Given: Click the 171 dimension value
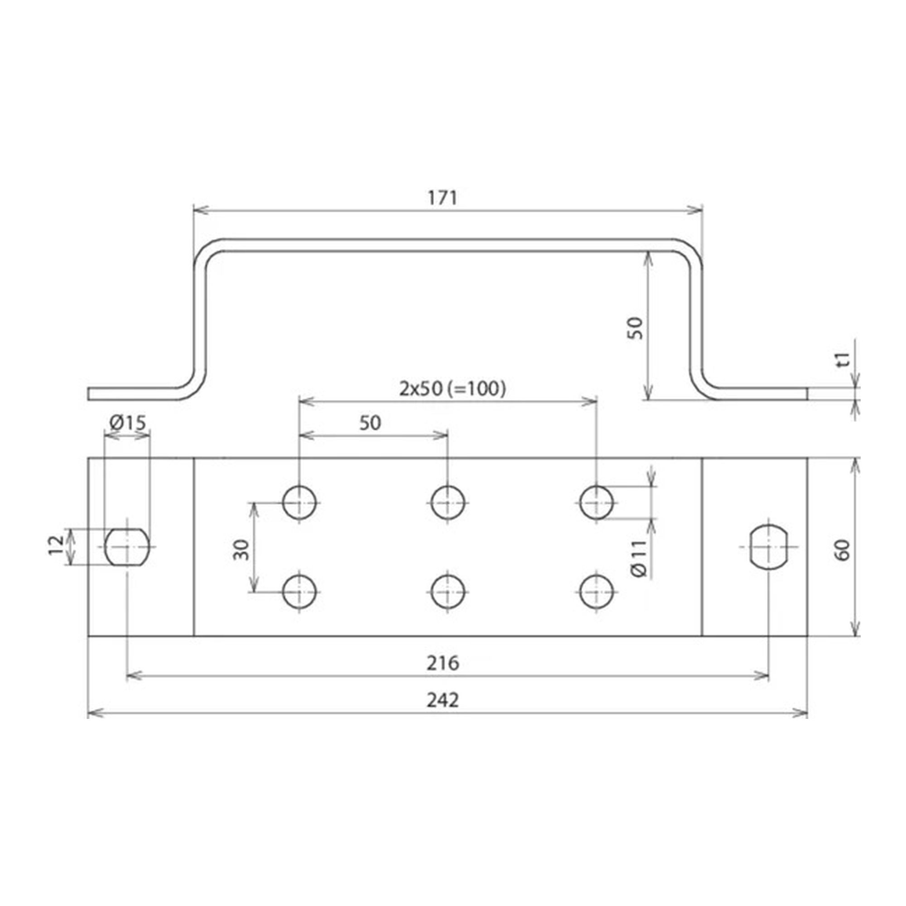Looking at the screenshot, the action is point(442,198).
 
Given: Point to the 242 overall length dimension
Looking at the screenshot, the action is point(443,700).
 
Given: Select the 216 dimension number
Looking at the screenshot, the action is point(443,663).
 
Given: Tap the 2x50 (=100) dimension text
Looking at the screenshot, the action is point(453,388).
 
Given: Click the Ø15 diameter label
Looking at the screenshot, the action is point(128,423).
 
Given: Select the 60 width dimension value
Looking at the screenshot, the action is point(842,550).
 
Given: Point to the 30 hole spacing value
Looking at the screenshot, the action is point(241,549).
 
